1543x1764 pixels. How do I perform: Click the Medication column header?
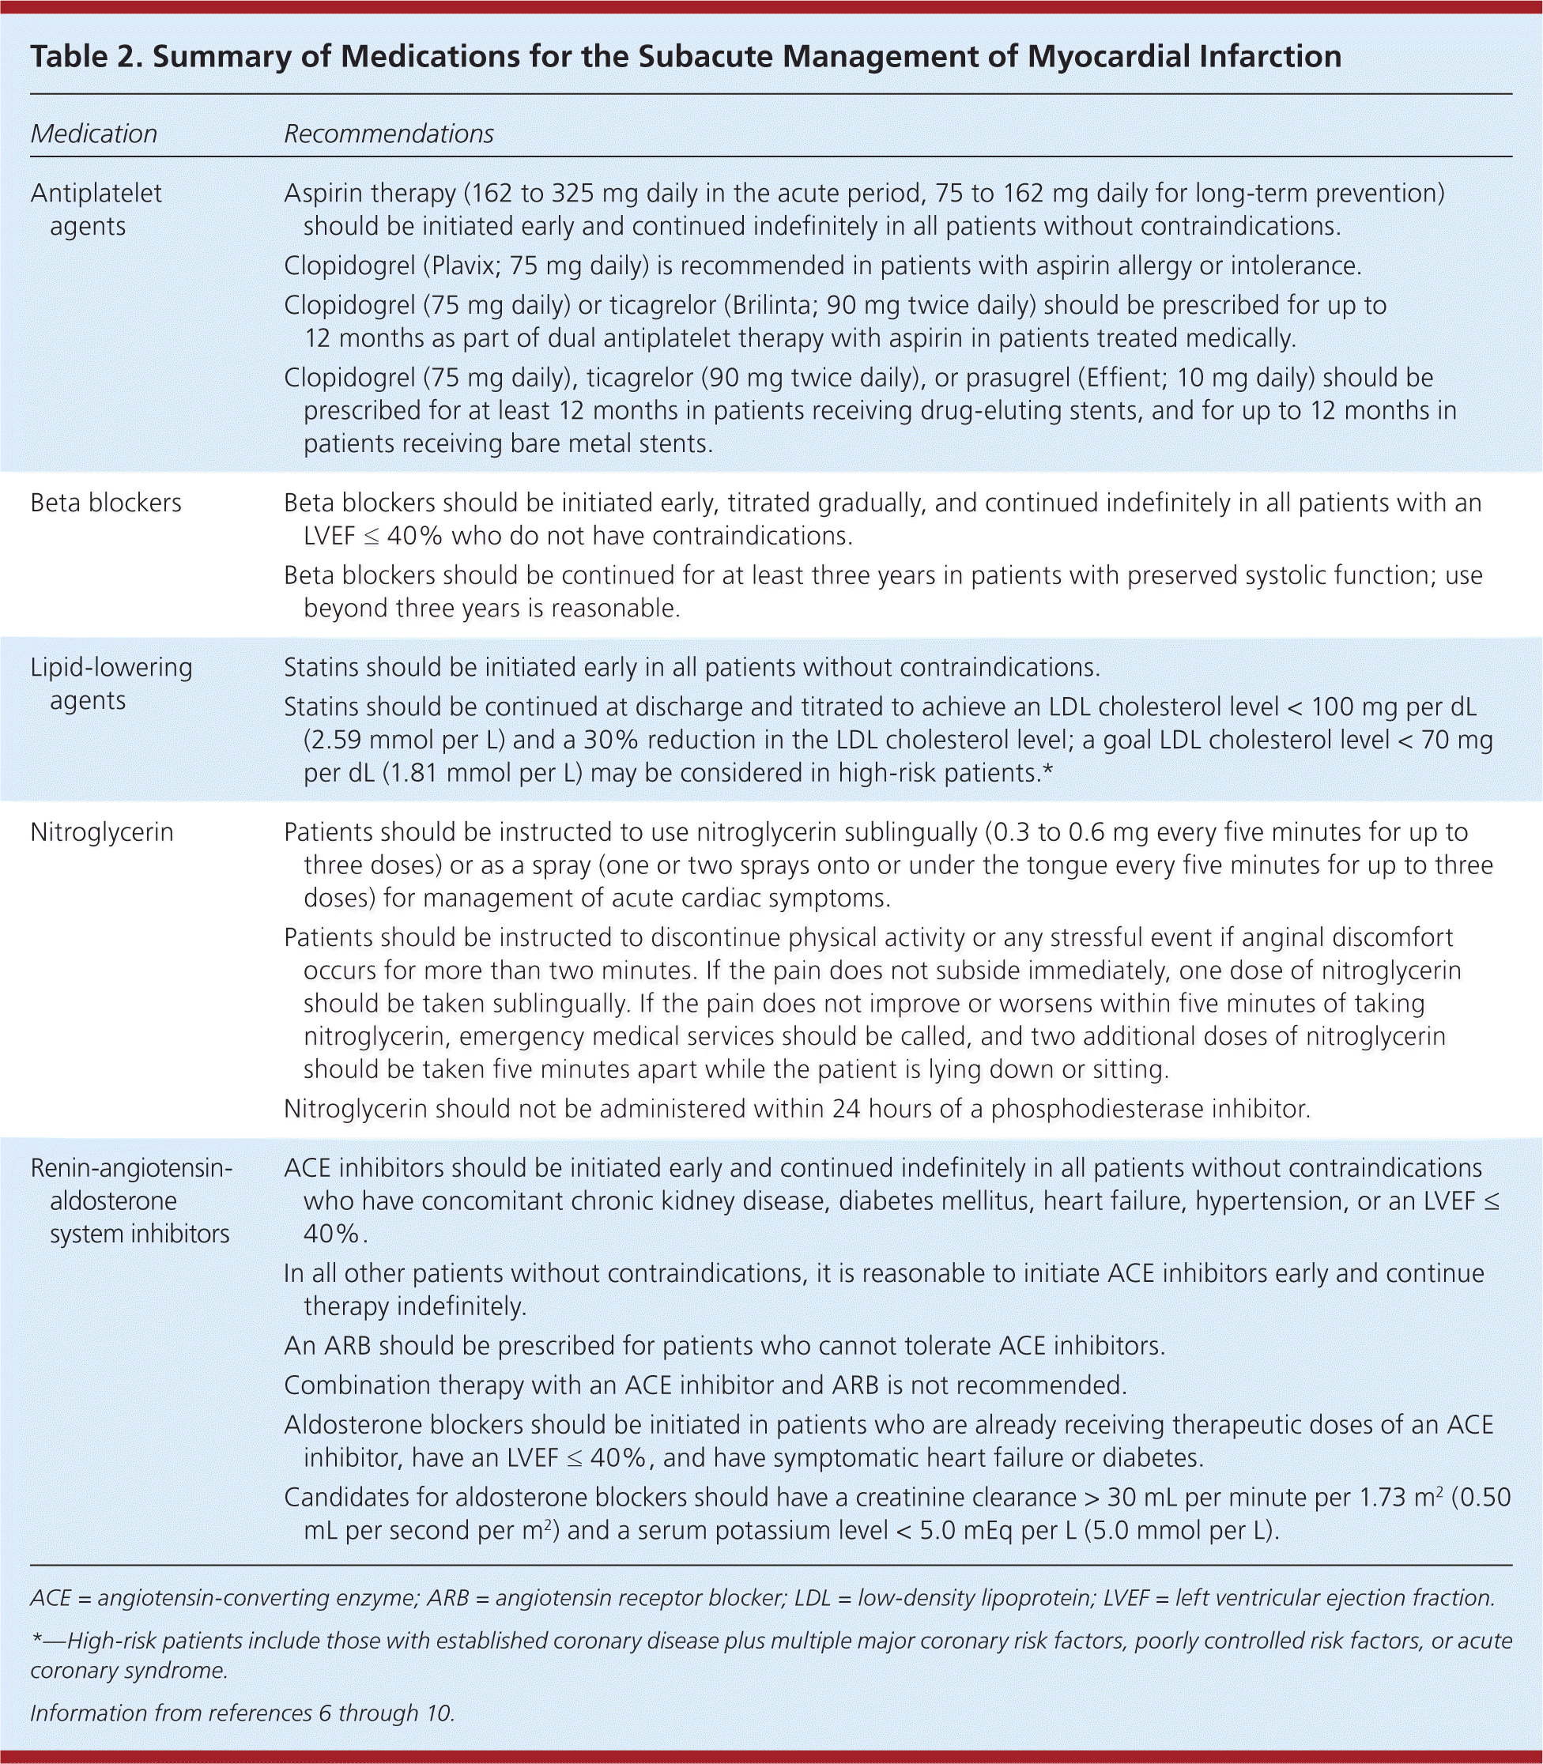94,134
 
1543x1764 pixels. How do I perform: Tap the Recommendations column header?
388,134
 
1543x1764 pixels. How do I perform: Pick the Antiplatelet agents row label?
95,209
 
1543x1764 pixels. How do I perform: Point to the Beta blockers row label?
106,503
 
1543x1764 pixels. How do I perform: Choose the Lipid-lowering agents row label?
111,684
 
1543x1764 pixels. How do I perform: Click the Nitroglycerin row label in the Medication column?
102,832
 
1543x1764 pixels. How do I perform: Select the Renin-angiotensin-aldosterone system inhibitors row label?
131,1201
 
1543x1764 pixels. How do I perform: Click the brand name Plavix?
463,266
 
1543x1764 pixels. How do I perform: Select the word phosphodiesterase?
1088,1109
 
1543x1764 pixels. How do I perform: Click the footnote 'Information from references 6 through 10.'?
242,1713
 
